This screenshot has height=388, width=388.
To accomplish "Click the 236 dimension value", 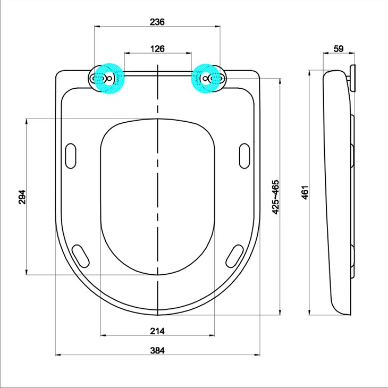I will (x=157, y=22).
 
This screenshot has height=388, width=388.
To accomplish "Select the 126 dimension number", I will (x=157, y=48).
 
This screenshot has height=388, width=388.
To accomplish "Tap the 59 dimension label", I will (x=338, y=48).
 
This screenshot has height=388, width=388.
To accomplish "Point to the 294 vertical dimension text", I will (x=22, y=197).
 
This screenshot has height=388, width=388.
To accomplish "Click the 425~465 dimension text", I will (x=276, y=197).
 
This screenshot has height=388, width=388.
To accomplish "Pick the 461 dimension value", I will (x=305, y=192).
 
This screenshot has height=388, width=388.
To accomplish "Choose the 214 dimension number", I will (x=157, y=331).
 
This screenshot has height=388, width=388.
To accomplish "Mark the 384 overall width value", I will (x=157, y=350).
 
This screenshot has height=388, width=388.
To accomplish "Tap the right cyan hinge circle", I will (x=208, y=79).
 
